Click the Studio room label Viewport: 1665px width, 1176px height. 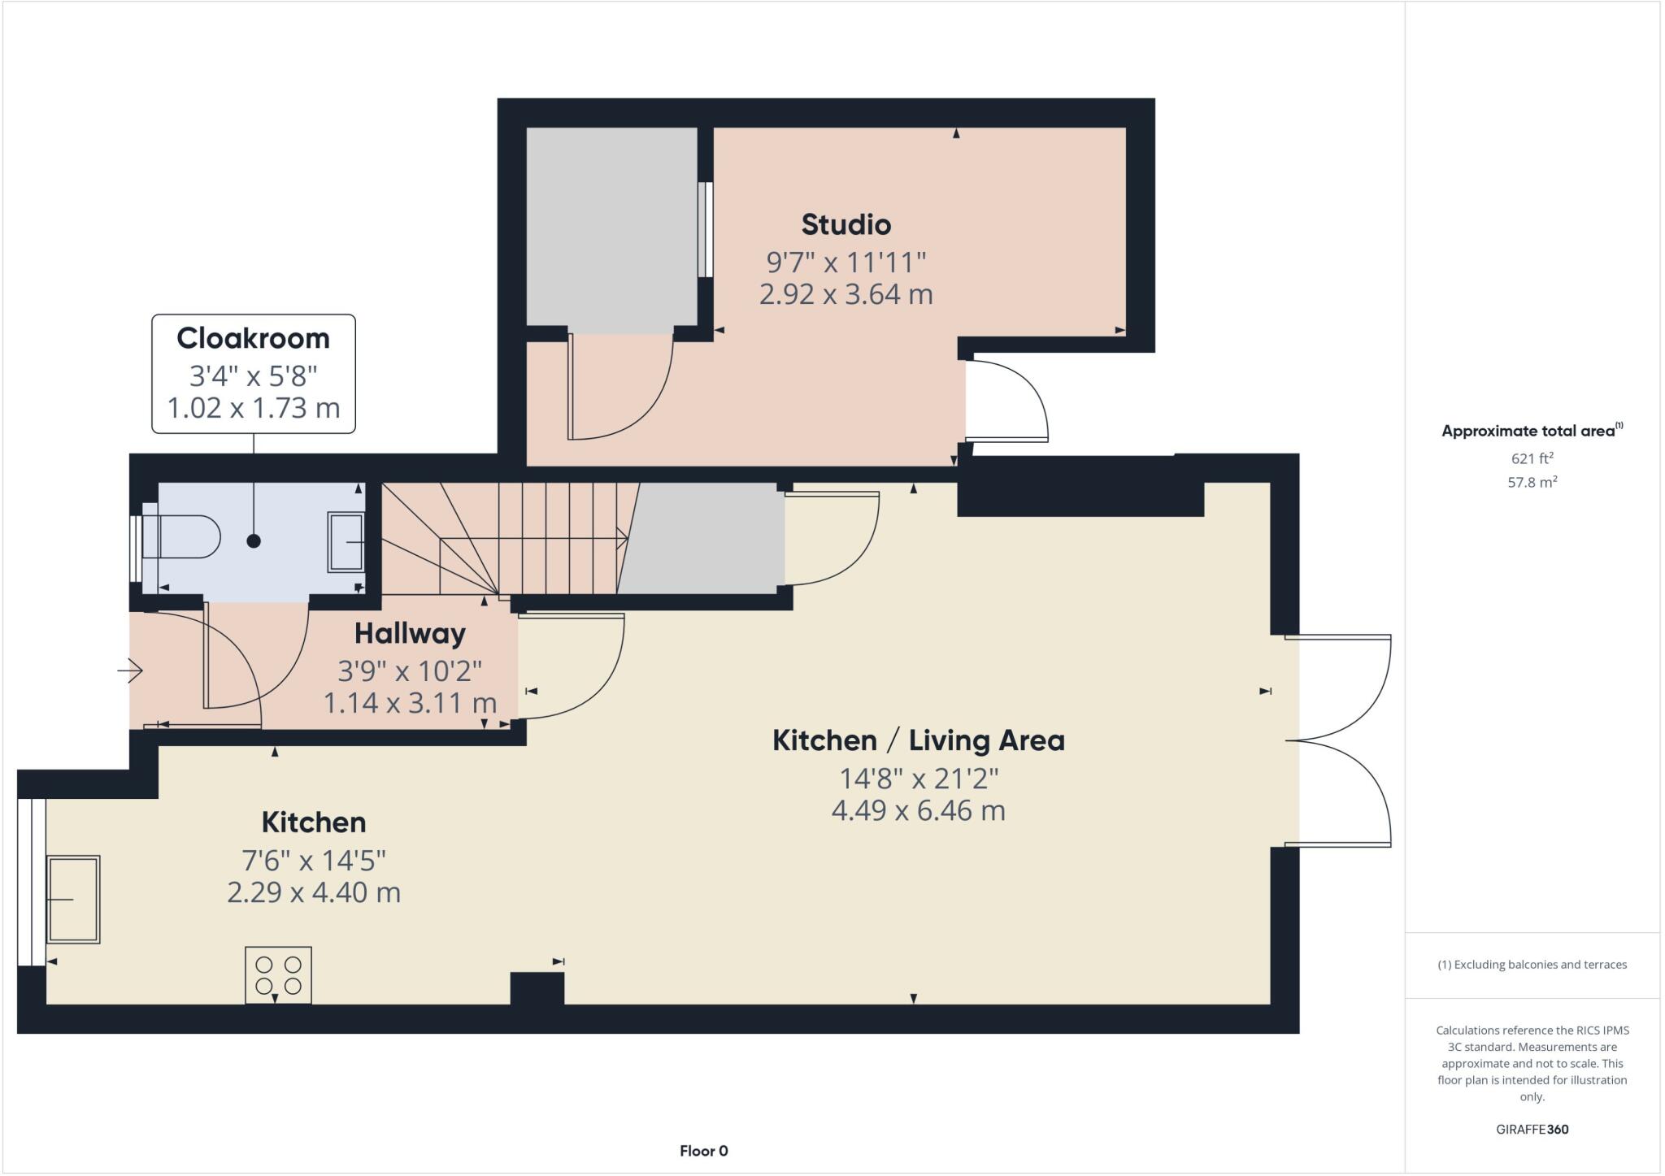[846, 224]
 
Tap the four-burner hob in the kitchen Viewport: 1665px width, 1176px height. [278, 975]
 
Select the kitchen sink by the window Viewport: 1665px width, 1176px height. [73, 899]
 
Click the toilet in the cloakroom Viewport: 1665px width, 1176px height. [183, 536]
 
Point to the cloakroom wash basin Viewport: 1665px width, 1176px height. [346, 541]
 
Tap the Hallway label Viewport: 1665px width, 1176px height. [410, 633]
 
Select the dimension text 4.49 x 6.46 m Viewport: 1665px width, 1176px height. [918, 810]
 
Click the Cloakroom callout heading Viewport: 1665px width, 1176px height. [253, 338]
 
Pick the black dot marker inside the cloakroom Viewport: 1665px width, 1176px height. [254, 540]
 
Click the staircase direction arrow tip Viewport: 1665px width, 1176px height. [624, 538]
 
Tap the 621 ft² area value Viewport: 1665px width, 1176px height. [1532, 458]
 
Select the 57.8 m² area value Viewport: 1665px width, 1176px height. [1532, 482]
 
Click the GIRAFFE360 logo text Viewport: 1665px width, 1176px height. [1532, 1129]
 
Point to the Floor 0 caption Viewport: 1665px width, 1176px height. [703, 1151]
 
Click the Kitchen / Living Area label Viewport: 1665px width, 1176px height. [918, 740]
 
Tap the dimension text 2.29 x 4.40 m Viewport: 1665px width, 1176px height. [314, 892]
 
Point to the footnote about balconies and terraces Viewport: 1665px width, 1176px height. [1532, 965]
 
